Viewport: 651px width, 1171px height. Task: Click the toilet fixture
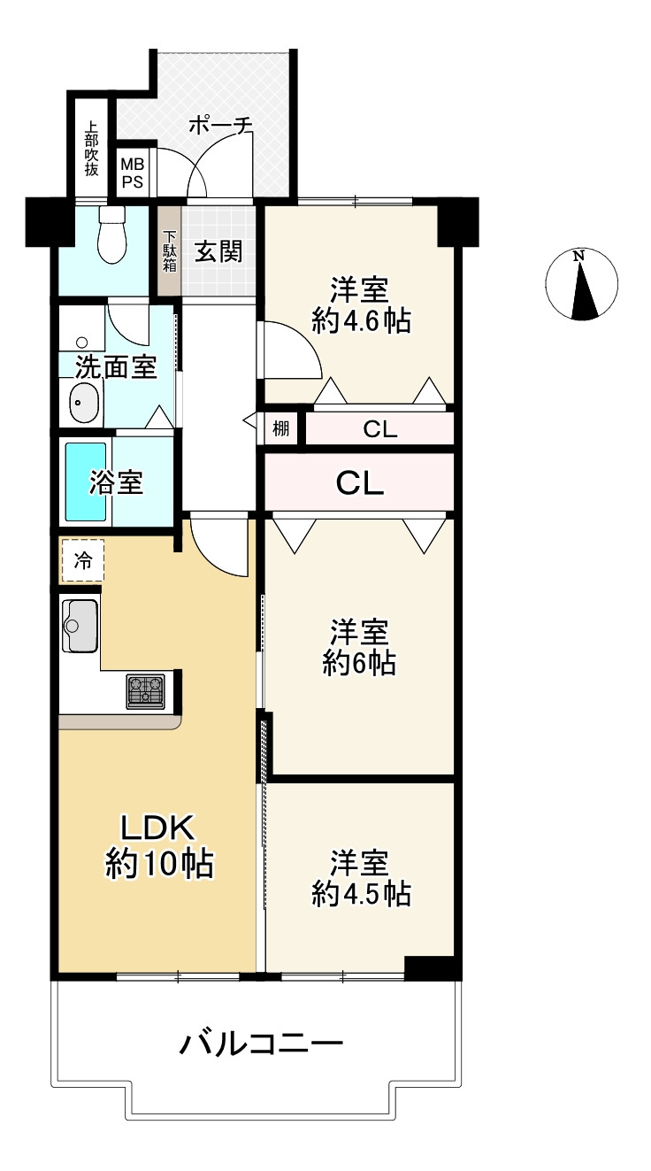click(111, 235)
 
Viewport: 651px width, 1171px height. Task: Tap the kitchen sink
click(80, 626)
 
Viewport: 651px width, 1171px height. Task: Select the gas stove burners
click(145, 691)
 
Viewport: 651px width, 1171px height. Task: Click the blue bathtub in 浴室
click(86, 481)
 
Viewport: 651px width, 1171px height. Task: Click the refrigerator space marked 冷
click(83, 561)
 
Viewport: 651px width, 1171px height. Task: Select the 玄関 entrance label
click(218, 251)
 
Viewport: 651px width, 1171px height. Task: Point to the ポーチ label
click(220, 126)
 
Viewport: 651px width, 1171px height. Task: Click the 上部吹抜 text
click(91, 149)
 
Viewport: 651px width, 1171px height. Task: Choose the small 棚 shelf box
click(281, 429)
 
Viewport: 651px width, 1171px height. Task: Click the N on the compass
click(578, 256)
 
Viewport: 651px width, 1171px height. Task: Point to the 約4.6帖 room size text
click(361, 320)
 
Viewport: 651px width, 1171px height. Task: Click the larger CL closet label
click(360, 482)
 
